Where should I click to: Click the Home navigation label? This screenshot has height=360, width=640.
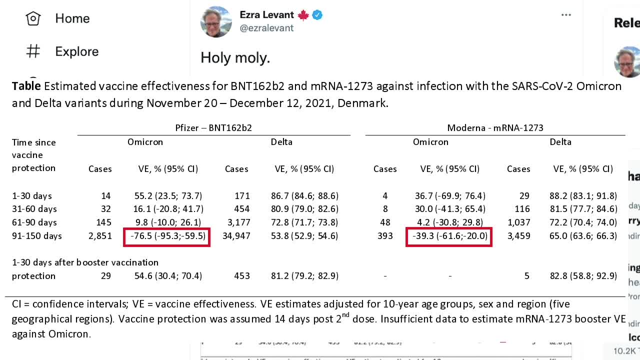click(72, 18)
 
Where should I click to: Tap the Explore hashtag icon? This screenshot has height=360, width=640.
click(33, 51)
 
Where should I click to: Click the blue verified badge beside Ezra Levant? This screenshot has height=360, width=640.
click(317, 15)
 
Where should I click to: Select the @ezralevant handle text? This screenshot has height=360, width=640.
click(266, 28)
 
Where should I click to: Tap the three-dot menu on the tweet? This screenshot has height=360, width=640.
click(566, 15)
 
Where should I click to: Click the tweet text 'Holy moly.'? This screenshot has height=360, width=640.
click(235, 58)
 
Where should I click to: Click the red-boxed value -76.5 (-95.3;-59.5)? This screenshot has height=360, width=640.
click(166, 236)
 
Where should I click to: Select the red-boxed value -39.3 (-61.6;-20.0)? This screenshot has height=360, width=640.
click(449, 236)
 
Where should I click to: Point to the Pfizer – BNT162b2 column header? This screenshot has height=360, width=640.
click(213, 128)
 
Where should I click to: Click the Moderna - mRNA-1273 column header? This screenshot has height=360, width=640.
click(495, 128)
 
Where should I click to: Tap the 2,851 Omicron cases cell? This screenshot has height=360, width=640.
click(100, 236)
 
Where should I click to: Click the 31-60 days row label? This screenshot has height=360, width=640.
click(34, 209)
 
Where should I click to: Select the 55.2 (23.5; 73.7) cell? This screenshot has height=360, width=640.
click(170, 196)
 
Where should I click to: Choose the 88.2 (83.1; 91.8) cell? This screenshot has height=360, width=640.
click(583, 196)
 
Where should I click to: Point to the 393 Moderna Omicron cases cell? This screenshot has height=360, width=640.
click(385, 236)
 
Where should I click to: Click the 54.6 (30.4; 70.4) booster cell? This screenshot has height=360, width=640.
click(170, 276)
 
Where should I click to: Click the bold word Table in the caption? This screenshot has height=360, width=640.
click(26, 86)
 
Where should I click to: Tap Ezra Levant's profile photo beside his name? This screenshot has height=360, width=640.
click(216, 21)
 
